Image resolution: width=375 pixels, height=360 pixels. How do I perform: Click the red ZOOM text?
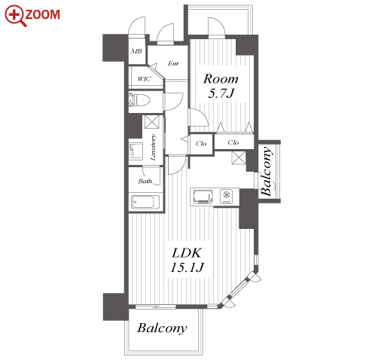[42, 14]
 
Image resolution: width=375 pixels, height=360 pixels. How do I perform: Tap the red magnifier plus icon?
[15, 16]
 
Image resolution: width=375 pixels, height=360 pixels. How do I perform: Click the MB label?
[136, 51]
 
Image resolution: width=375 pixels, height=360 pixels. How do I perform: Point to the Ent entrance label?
[173, 63]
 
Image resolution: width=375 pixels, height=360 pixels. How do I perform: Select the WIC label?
[144, 79]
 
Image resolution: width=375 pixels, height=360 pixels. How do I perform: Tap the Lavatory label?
[153, 148]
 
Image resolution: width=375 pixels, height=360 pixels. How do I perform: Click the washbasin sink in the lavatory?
[136, 151]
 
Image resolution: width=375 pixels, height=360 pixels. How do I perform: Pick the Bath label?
[145, 181]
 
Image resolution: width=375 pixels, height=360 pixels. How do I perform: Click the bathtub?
[145, 202]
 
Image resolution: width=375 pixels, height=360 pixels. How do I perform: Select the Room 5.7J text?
[221, 86]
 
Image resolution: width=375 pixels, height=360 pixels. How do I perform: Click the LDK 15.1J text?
[187, 260]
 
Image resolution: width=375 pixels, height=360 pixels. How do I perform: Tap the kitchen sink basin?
[203, 197]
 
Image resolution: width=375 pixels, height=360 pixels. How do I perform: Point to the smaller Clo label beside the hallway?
[201, 143]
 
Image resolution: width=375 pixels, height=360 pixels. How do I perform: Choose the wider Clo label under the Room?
[233, 142]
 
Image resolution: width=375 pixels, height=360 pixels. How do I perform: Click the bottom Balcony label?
[162, 328]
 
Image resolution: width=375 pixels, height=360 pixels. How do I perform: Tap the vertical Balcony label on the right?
[266, 171]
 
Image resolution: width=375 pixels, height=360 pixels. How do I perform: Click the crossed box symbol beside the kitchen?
[239, 158]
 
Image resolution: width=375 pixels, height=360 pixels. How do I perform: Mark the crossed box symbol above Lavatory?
[152, 122]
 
